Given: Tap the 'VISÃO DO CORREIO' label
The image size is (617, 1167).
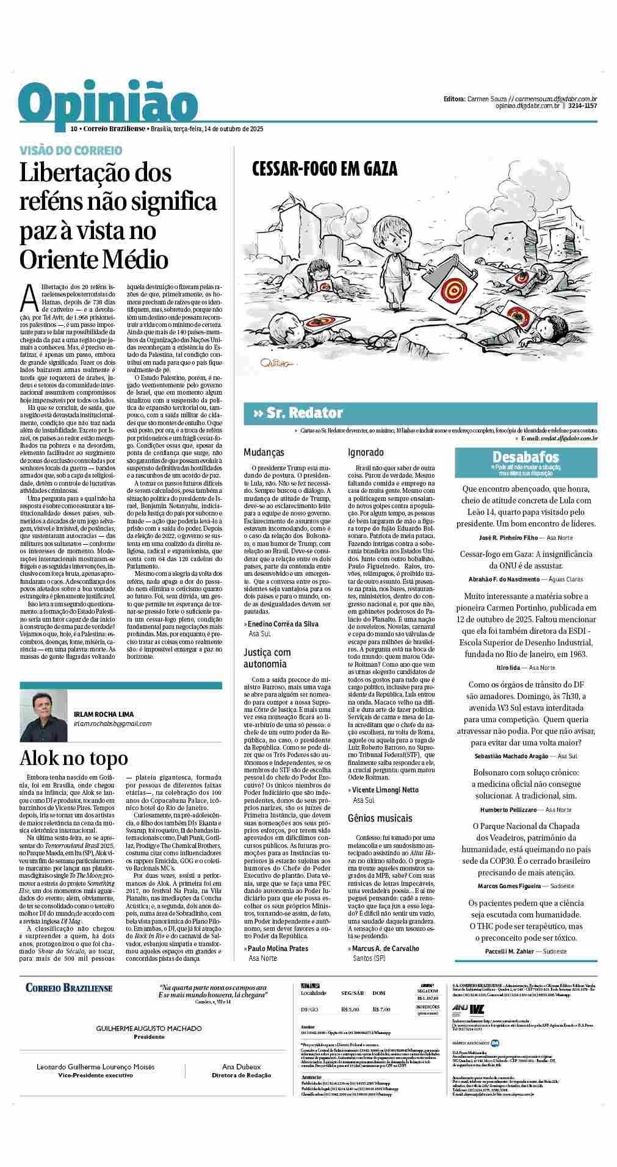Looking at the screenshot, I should point(71,150).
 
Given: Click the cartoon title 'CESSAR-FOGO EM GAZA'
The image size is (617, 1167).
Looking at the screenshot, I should point(325,169).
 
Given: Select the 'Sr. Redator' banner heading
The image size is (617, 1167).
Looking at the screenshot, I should point(304,413).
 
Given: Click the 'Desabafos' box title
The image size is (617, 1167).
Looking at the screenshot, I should point(525,457).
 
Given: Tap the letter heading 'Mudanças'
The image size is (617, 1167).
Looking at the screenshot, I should point(264,453).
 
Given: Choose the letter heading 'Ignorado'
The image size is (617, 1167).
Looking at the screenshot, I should point(366,453).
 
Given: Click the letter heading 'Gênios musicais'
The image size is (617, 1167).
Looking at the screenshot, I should point(380,818).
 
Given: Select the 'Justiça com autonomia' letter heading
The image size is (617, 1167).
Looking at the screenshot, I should point(267,658).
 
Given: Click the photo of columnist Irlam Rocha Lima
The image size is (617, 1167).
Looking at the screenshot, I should point(43,710).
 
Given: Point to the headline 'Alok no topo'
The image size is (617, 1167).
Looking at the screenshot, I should point(74,758).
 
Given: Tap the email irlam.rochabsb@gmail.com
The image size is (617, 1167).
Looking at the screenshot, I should point(112,724).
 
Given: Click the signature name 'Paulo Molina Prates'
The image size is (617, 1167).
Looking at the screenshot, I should point(278,949).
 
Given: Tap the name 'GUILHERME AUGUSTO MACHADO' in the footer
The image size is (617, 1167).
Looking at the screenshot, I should point(149,1029).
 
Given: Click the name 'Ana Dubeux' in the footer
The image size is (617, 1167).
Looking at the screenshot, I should point(241,1066).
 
